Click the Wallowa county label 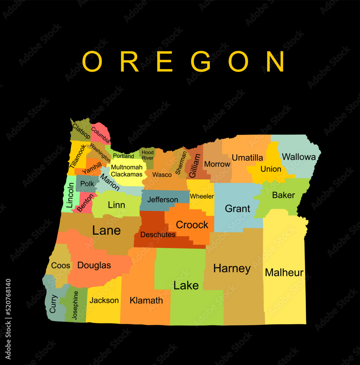[x=299, y=157]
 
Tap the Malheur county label [x=284, y=272]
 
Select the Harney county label [x=232, y=269]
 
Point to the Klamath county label [x=146, y=300]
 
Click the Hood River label [x=148, y=155]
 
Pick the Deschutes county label [x=158, y=235]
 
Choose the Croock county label [x=192, y=225]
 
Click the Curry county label [x=53, y=303]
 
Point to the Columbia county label [x=100, y=135]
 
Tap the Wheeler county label [x=202, y=196]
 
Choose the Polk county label [x=87, y=184]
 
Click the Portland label [x=123, y=156]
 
